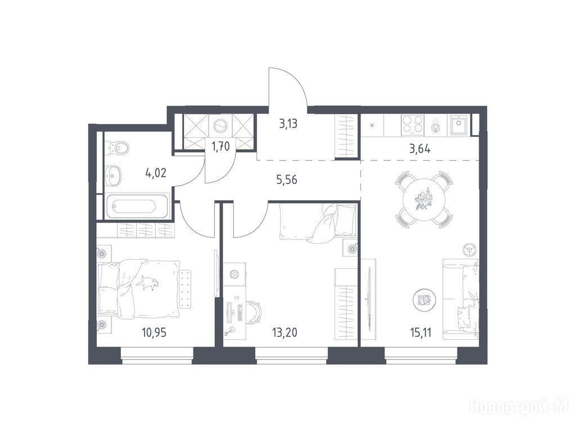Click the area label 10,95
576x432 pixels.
tap(154, 333)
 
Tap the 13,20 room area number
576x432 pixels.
tap(285, 333)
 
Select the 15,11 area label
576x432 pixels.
tap(420, 333)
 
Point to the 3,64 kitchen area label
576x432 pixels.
tap(420, 149)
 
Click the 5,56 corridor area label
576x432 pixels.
tap(286, 179)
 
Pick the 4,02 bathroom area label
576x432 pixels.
tap(155, 173)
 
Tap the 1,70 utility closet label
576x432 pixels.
tap(220, 147)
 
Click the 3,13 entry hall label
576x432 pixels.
tap(288, 124)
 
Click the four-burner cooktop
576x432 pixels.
tap(412, 124)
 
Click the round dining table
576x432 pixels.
tap(424, 200)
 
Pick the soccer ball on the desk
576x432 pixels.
tap(234, 274)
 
